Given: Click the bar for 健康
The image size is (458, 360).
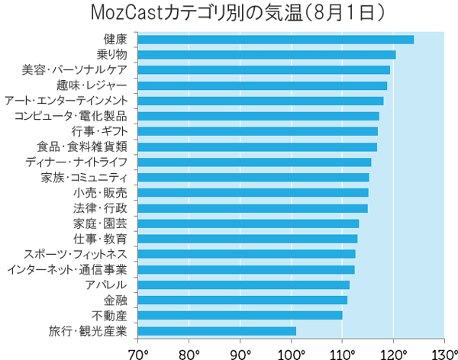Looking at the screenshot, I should tap(276, 39).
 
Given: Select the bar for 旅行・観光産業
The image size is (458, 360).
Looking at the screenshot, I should tap(217, 331).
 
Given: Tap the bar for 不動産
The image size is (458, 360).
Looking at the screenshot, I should tap(240, 315).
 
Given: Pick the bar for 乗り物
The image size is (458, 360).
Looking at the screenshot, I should tap(266, 54).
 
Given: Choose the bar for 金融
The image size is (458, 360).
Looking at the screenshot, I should tap(242, 300).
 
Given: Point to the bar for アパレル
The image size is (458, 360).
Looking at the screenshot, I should tap(244, 284).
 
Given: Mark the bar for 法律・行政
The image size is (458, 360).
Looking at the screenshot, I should tap(253, 208).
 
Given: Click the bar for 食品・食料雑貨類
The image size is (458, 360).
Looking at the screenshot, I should tap(257, 146).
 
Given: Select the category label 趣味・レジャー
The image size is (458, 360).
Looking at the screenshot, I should tap(85, 85).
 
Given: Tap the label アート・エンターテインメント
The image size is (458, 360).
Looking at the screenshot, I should tap(66, 101).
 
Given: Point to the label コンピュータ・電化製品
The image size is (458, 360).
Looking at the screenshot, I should tap(70, 116).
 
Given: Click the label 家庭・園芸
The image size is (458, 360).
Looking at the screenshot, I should tap(100, 223).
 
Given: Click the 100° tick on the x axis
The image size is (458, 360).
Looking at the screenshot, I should tap(292, 352).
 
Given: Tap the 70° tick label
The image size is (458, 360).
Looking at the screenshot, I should tap(138, 352).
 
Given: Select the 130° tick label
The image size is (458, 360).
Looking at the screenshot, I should tap(443, 352).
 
